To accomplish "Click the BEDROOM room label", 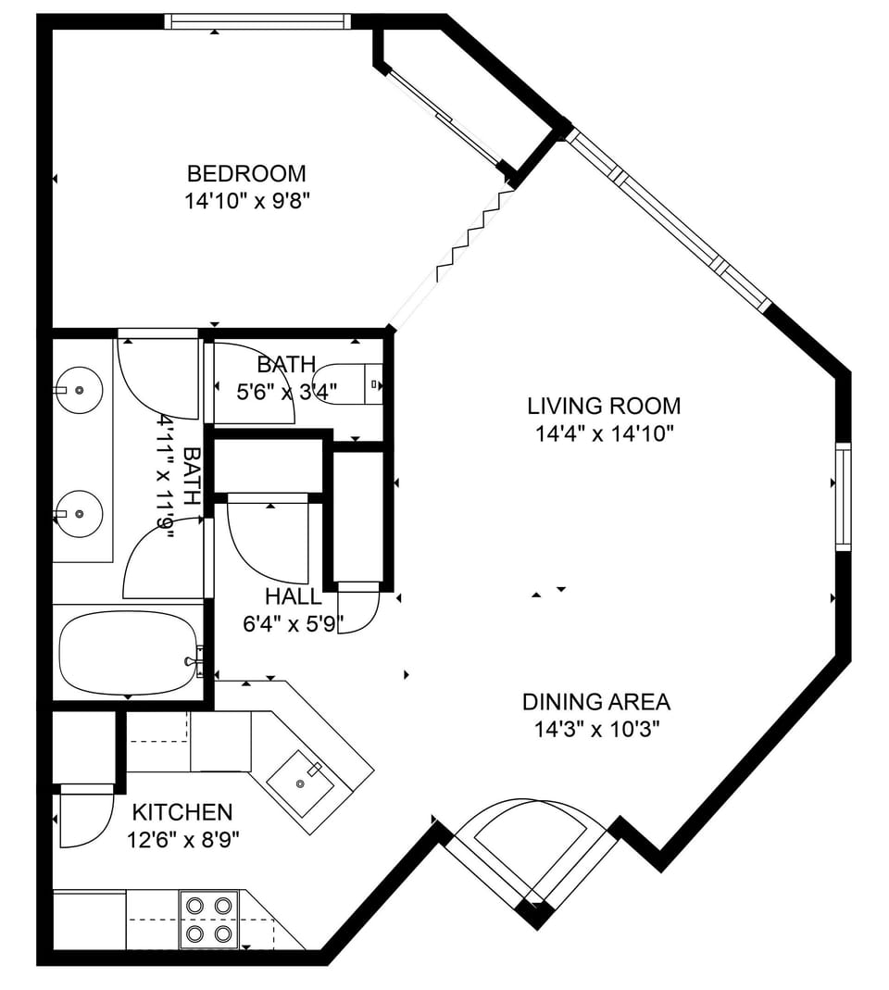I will point(246,173).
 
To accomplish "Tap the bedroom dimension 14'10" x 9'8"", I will point(246,201).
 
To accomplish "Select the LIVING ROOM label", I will point(604,406).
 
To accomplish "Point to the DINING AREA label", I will point(595,702).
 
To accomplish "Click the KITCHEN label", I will point(182,813).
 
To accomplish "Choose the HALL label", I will point(293,596).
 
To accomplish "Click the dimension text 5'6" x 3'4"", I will point(287,393).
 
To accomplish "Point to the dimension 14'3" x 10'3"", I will point(595,729).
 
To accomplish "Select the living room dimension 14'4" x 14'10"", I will point(604,432).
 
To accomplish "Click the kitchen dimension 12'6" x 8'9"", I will point(182,841).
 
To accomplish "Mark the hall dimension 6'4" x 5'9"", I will point(293,624).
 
